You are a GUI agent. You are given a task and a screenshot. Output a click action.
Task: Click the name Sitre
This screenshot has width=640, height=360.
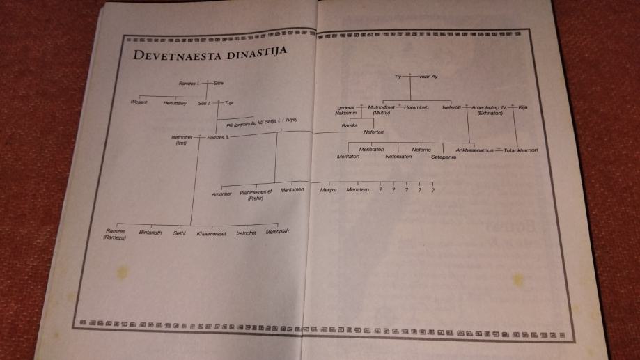(219, 83)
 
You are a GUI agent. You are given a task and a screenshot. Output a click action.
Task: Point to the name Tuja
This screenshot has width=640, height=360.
(229, 103)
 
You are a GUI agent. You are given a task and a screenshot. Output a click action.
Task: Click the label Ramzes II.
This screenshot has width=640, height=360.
(219, 138)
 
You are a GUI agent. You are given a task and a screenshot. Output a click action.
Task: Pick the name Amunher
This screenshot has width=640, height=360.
(221, 194)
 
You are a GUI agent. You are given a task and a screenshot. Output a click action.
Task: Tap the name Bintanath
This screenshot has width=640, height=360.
(150, 233)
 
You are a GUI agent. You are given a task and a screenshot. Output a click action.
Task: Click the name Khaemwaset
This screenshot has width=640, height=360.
(209, 233)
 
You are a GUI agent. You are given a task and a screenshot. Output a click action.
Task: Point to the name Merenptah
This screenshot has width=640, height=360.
(277, 232)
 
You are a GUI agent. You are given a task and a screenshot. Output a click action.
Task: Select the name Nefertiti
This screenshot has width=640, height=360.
(453, 107)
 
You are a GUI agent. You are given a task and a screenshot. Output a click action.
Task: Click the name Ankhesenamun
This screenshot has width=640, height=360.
(476, 150)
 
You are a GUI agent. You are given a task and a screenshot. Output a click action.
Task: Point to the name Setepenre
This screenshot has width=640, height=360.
(444, 157)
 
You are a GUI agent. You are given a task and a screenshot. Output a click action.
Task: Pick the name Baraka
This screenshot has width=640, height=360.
(350, 125)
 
